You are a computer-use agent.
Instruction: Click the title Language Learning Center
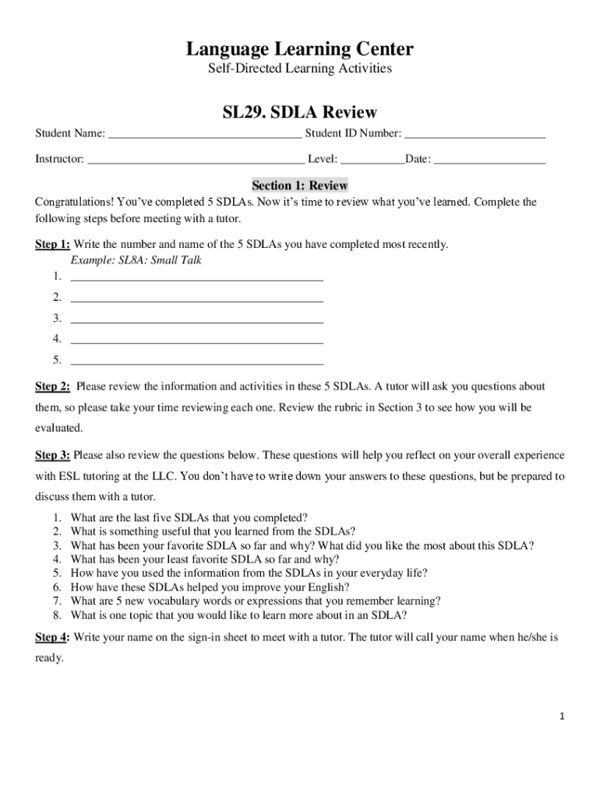(x=299, y=50)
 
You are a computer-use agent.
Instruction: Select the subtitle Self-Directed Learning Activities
(x=299, y=69)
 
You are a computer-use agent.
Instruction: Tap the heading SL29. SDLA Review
(x=299, y=113)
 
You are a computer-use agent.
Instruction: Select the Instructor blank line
(x=196, y=160)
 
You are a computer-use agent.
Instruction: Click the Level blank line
(x=372, y=160)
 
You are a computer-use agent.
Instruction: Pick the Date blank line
(x=489, y=160)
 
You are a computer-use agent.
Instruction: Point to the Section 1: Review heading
(x=299, y=186)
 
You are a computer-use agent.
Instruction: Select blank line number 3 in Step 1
(x=196, y=318)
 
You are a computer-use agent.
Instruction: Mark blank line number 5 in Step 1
(x=196, y=360)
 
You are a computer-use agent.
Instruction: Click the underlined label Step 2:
(x=53, y=387)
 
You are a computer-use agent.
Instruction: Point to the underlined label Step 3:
(x=53, y=455)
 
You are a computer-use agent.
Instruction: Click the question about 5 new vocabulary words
(x=256, y=601)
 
